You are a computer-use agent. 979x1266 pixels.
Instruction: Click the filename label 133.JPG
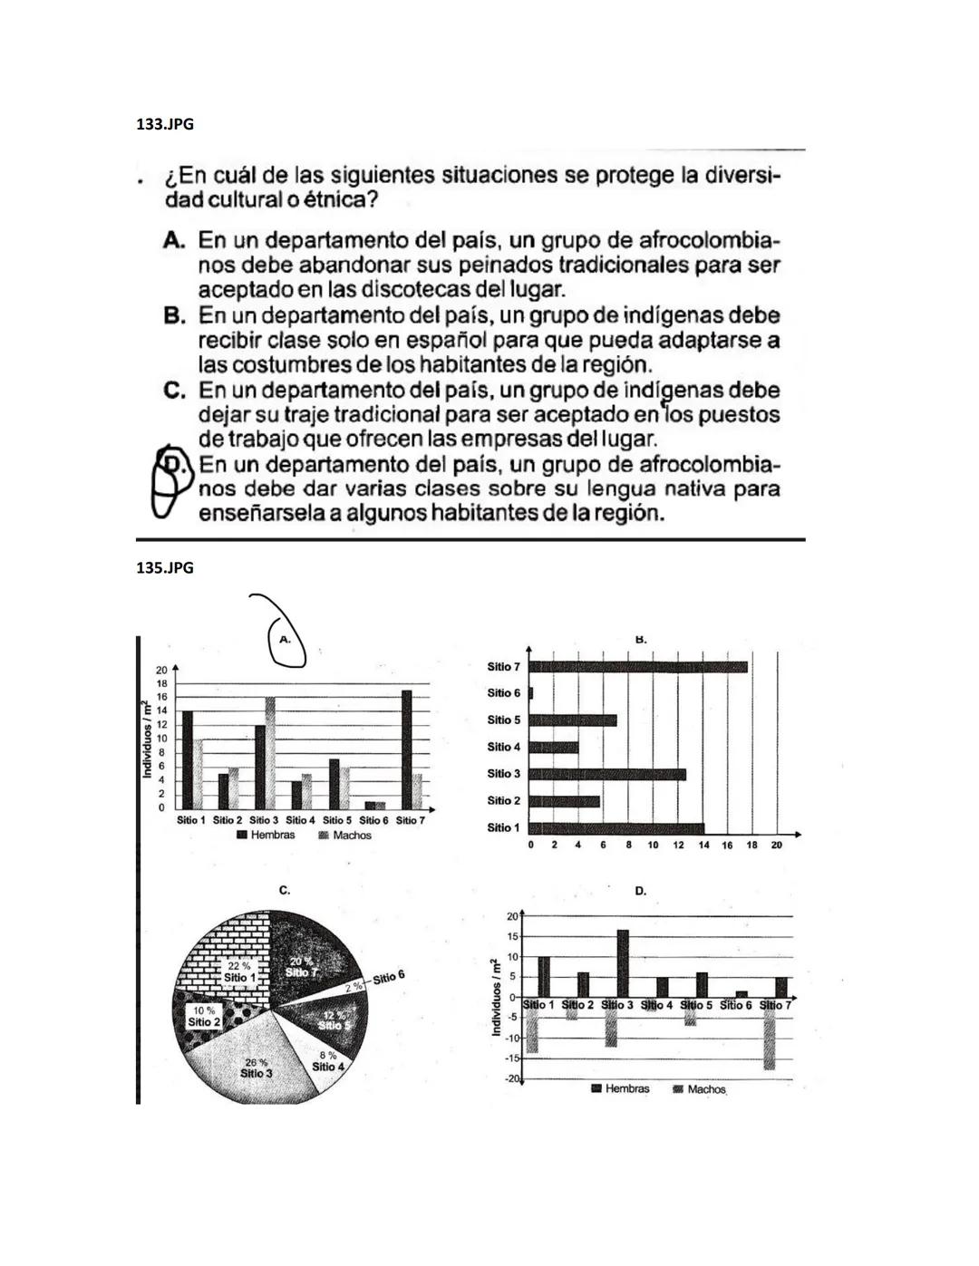[164, 124]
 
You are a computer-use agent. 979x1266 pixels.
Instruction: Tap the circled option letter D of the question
[179, 465]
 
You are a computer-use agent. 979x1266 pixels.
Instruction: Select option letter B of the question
[175, 316]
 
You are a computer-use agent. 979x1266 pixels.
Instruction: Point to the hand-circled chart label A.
[285, 639]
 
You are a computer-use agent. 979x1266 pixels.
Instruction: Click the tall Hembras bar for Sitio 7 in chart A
[406, 749]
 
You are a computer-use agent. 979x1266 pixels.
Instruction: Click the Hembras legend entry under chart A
[267, 835]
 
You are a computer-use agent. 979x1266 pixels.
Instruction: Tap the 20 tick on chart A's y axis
[160, 668]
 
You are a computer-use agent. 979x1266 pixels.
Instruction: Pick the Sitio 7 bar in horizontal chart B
[638, 667]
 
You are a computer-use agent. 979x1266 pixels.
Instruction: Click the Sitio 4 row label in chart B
[503, 747]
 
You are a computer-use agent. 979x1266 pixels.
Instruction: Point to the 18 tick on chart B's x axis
[751, 845]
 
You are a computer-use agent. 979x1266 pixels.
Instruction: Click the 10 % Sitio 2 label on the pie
[203, 1016]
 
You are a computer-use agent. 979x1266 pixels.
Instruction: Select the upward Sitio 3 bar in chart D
[623, 962]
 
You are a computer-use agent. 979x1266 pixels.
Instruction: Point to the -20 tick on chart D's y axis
[512, 1079]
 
